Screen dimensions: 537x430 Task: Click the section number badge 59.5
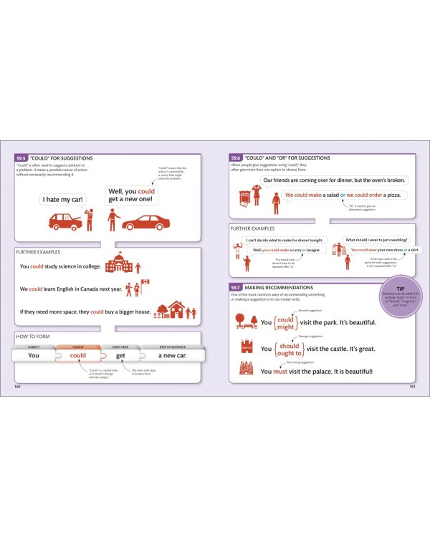pos(21,158)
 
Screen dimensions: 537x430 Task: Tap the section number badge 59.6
pos(236,158)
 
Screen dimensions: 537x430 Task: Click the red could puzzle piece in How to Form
pos(78,355)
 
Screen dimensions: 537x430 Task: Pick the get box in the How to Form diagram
pos(121,355)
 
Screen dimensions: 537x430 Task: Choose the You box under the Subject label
pos(34,355)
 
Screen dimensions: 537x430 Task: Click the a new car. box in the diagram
pos(172,355)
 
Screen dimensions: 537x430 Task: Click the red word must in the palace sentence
pos(280,372)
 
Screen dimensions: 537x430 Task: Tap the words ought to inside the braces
pos(290,352)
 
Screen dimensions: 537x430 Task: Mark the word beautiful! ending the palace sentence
pos(356,372)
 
